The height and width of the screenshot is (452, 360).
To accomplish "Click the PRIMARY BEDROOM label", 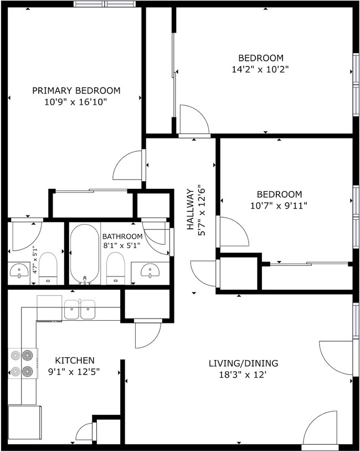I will pyautogui.click(x=76, y=91).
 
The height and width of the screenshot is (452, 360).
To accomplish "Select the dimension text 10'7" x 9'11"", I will pyautogui.click(x=279, y=206).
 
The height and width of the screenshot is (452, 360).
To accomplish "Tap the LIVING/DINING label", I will pyautogui.click(x=243, y=363).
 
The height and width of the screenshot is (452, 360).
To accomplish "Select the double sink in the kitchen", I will pyautogui.click(x=80, y=310).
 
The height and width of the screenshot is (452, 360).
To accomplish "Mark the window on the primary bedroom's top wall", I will pyautogui.click(x=105, y=4).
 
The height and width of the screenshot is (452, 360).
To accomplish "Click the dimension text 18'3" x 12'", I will pyautogui.click(x=243, y=374).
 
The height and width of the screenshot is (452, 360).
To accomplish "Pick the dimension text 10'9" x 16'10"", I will pyautogui.click(x=76, y=102).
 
